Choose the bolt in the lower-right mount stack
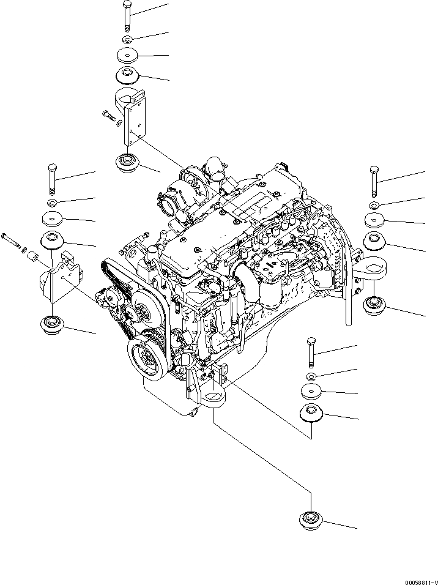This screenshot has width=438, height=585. [311, 352]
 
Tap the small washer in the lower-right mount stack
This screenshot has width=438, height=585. [311, 376]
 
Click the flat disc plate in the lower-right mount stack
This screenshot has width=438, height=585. [311, 390]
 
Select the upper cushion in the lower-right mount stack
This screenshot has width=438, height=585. [311, 414]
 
